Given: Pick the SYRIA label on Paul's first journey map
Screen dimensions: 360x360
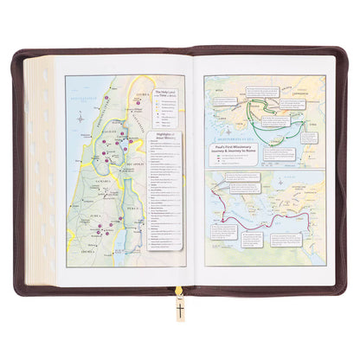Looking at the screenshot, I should [313, 124].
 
